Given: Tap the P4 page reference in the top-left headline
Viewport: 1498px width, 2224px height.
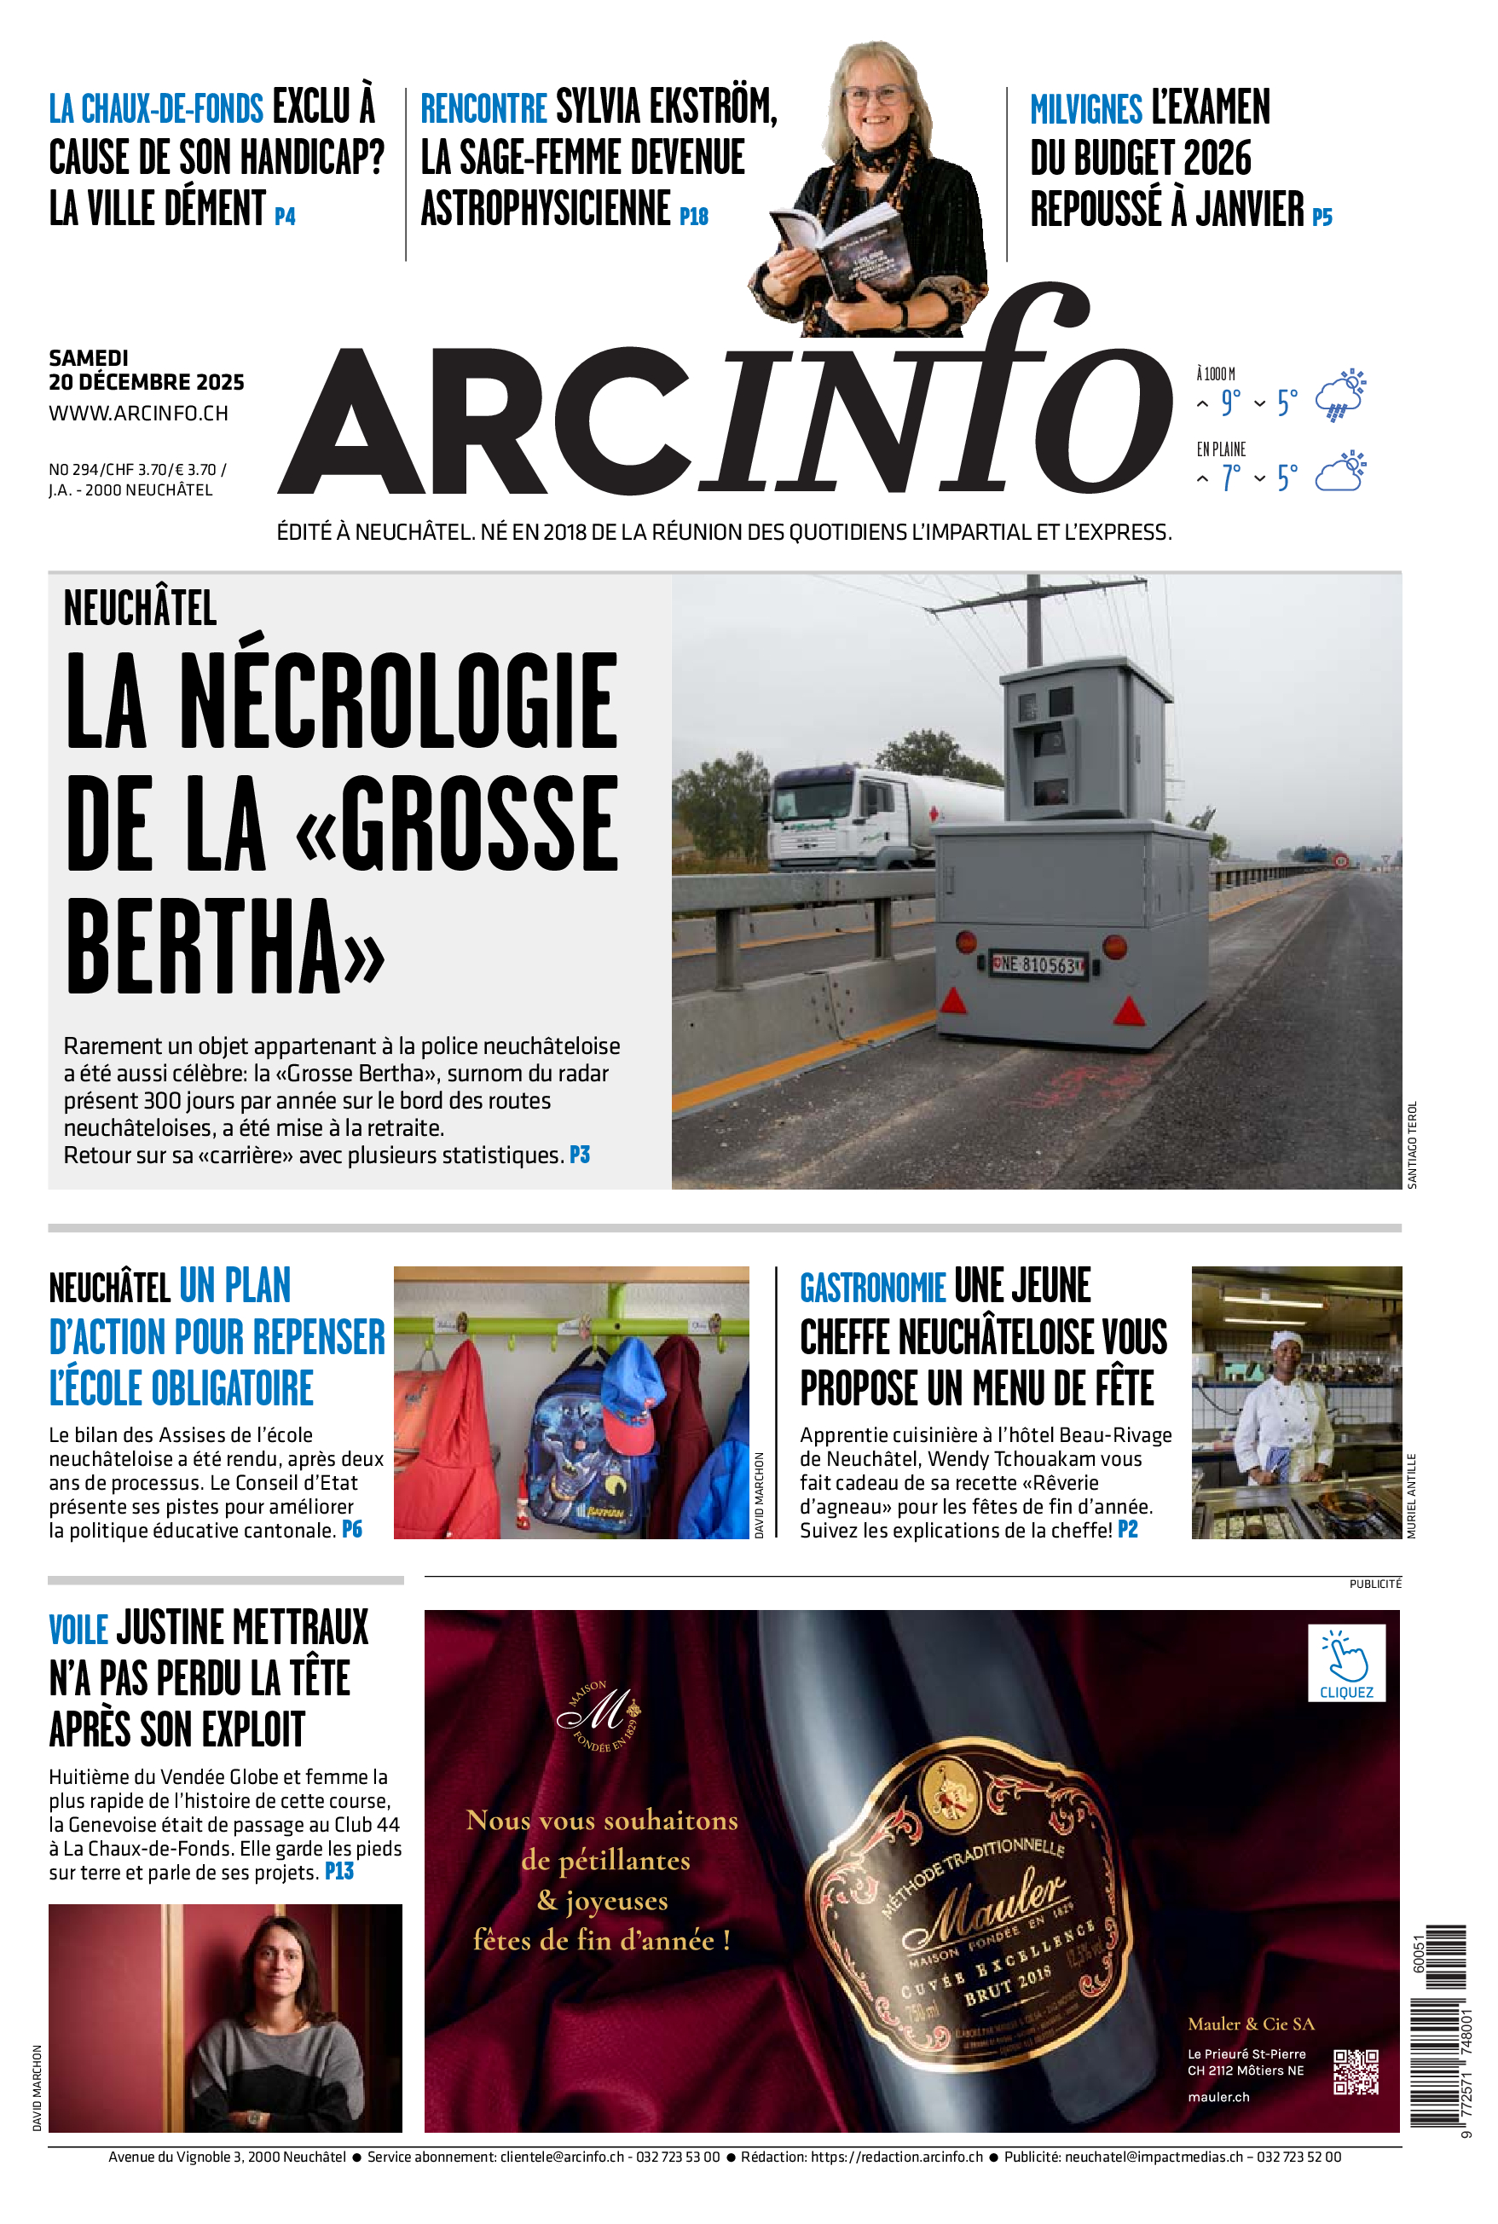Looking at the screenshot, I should point(285,217).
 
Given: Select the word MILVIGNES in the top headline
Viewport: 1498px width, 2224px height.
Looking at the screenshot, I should point(1085,110).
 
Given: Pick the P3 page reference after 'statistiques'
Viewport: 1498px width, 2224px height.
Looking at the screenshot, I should point(580,1155).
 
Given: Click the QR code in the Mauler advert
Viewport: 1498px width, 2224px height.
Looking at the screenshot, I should point(1356,2071).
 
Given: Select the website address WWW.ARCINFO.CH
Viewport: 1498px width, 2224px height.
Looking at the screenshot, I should point(138,414).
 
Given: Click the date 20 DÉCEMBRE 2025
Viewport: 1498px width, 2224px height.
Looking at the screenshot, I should point(146,382).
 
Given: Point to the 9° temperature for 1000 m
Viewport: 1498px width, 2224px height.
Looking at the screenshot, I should point(1230,403).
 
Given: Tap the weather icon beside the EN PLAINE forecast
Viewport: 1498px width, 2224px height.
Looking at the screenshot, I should point(1339,473).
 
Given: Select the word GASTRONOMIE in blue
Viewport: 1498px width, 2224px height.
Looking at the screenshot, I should point(872,1288).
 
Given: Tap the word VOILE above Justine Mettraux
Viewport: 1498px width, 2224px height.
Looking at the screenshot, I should point(78,1629).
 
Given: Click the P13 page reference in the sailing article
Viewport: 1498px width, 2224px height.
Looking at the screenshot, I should point(339,1872).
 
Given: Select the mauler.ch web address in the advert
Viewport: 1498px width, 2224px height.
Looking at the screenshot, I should point(1218,2097).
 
